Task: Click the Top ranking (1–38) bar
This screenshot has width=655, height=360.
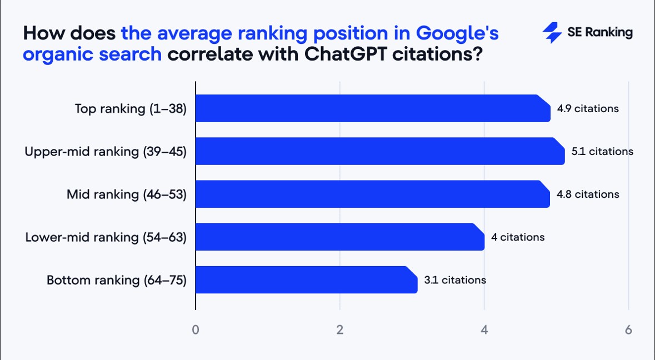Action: (373, 108)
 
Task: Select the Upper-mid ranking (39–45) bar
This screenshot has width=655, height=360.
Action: (380, 151)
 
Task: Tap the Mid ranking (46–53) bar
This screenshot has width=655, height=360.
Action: (372, 194)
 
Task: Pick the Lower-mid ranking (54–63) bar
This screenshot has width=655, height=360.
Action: (340, 237)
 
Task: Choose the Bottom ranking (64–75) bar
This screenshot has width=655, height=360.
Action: (306, 280)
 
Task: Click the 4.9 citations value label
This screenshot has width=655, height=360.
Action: (588, 109)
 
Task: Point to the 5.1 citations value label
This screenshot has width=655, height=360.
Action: (602, 152)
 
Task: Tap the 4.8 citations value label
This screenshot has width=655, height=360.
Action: (588, 194)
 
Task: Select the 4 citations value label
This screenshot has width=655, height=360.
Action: (517, 237)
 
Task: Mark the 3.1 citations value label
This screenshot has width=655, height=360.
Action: (455, 280)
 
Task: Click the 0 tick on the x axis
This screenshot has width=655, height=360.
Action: (196, 329)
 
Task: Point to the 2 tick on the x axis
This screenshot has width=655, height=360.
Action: (340, 329)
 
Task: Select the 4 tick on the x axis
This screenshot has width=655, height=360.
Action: (484, 329)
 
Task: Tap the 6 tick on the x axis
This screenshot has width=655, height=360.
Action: (628, 329)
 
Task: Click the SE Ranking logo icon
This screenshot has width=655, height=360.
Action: (552, 33)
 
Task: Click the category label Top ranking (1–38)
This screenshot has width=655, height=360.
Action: (131, 109)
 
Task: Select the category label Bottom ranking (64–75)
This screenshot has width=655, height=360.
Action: (116, 280)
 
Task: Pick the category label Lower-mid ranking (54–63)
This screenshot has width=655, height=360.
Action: (106, 237)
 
